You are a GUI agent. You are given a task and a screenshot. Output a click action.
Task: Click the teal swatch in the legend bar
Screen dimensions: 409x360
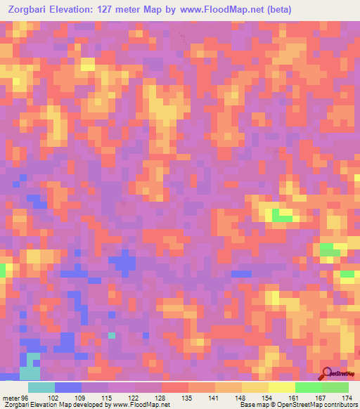coord(41,387)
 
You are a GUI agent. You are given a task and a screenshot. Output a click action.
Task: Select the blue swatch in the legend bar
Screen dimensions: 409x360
coord(68,387)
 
